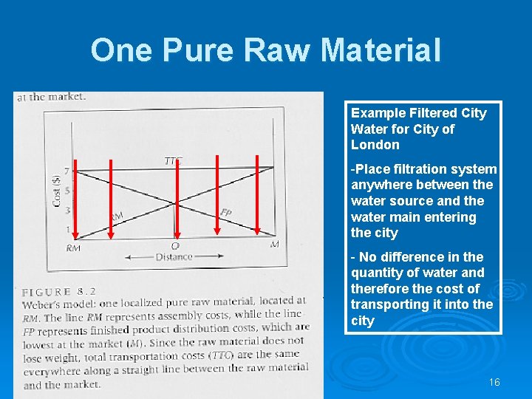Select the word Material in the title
(381, 50)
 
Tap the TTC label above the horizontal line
(173, 160)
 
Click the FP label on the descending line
(226, 213)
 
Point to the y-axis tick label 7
(66, 171)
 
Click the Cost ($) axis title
(57, 190)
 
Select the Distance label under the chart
(174, 257)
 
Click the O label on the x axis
(175, 246)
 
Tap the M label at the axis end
(274, 244)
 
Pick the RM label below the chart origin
(73, 248)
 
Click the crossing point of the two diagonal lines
(175, 202)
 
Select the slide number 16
(494, 382)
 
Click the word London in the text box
(375, 145)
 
